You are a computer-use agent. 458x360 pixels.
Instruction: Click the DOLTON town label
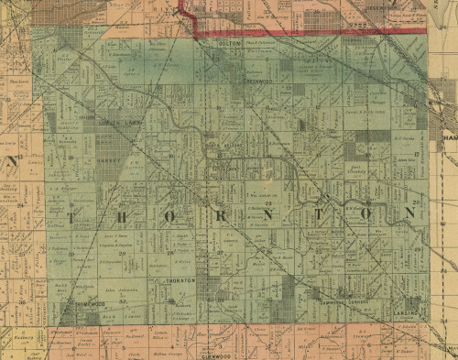point(232,42)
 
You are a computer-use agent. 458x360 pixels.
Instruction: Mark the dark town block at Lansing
point(409,300)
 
